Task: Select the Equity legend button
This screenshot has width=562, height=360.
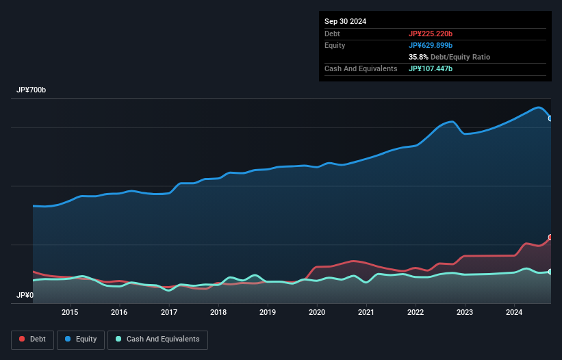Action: (x=80, y=339)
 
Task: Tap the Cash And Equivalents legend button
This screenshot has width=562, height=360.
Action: (x=157, y=339)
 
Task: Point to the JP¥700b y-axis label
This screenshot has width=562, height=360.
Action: (x=31, y=90)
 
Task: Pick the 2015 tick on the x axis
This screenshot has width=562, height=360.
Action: (x=70, y=313)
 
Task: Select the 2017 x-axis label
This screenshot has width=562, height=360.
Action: (x=168, y=313)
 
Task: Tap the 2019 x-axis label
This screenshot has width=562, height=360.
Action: (x=268, y=313)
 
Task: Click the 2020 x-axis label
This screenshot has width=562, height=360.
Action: (x=317, y=313)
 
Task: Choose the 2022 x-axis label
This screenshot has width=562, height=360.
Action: (x=416, y=313)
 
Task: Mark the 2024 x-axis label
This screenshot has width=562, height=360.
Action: (x=515, y=313)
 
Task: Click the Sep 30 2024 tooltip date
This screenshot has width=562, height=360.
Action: (x=345, y=21)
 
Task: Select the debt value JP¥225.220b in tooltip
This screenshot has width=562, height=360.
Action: (x=431, y=34)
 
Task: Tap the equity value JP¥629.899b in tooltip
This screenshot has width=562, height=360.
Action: (x=431, y=45)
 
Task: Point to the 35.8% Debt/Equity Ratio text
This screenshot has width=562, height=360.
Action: (x=449, y=57)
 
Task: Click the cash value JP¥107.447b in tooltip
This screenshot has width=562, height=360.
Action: (x=431, y=68)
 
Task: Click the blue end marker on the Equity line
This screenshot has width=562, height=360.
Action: (x=550, y=118)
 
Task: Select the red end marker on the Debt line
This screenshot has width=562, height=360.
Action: (x=550, y=237)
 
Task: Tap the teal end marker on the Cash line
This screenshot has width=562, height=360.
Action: (x=550, y=272)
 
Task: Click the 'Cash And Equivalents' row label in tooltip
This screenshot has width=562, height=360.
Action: (x=361, y=68)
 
